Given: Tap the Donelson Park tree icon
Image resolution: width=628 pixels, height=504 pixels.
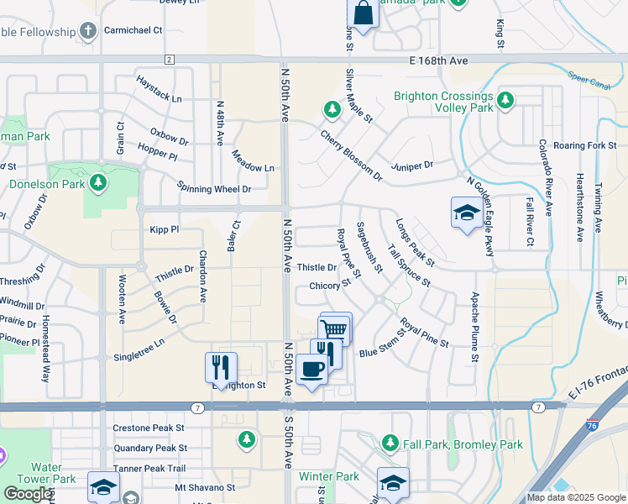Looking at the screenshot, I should (x=98, y=182).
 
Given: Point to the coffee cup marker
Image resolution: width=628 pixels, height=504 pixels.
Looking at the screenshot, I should (x=311, y=370).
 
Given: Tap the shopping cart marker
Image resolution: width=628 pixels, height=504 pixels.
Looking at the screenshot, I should (x=335, y=328).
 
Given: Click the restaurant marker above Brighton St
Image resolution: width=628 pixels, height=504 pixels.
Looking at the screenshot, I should (x=221, y=366).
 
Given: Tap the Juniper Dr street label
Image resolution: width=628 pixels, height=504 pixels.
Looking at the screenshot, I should (x=416, y=165).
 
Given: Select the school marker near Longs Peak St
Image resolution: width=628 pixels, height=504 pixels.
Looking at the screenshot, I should (x=466, y=213).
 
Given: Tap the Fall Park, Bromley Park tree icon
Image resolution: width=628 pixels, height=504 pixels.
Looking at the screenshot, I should (x=389, y=442).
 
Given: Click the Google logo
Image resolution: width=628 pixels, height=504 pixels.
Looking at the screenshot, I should (x=28, y=494).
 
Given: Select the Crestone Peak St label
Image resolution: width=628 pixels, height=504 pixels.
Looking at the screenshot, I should (x=149, y=428).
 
